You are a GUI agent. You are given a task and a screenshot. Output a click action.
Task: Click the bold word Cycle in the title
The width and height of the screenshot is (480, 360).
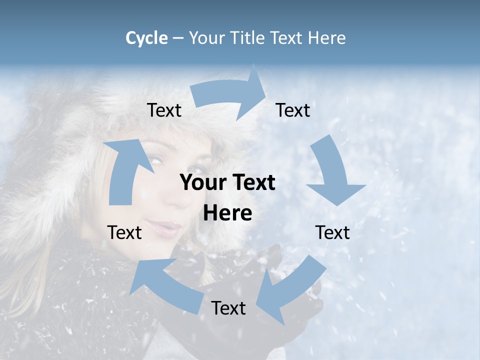[146, 38]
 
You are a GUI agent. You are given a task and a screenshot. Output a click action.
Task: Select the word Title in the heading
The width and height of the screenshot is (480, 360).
[248, 38]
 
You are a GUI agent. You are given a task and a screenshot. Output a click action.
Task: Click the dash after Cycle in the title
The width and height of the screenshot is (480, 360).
[178, 38]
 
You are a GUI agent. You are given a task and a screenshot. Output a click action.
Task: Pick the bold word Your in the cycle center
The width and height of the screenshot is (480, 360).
[200, 183]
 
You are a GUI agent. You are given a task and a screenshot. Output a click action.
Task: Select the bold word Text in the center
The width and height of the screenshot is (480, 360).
[255, 183]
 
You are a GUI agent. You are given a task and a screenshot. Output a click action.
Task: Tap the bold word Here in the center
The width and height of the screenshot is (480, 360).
[227, 213]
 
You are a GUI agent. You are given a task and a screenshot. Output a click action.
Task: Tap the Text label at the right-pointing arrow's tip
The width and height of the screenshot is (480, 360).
[293, 110]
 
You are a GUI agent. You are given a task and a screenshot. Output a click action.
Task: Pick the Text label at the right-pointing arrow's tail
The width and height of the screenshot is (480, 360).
[164, 110]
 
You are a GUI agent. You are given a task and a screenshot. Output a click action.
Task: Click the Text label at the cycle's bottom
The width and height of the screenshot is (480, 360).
[228, 308]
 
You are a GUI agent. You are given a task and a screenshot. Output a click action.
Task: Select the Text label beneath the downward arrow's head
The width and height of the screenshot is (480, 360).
[332, 232]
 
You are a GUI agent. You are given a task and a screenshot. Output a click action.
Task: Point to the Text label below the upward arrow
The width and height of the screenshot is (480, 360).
[124, 232]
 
